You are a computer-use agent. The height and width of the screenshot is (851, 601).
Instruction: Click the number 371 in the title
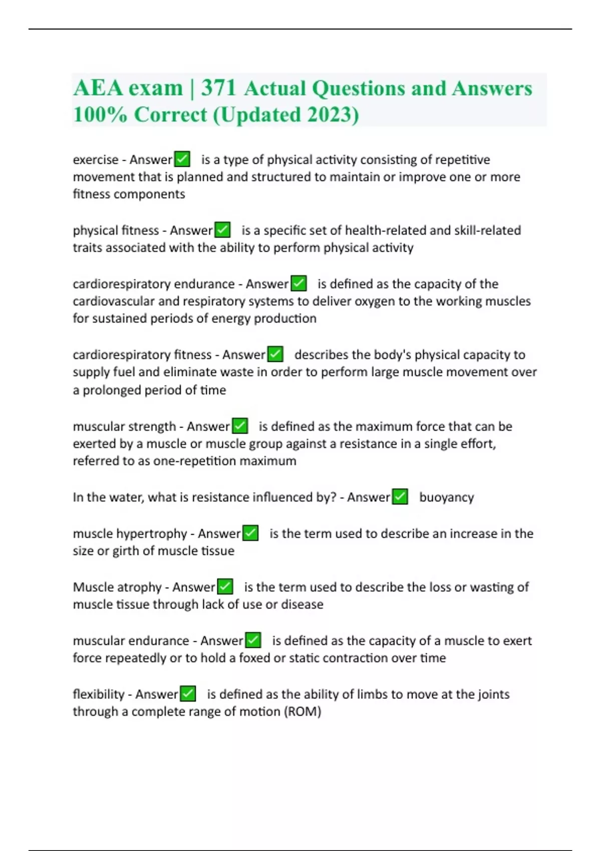coord(218,88)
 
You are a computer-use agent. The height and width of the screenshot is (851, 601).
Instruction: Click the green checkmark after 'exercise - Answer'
coord(182,159)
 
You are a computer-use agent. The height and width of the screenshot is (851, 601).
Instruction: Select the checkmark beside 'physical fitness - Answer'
coord(222,230)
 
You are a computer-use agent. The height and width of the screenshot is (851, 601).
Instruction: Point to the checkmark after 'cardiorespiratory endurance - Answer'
coord(298,283)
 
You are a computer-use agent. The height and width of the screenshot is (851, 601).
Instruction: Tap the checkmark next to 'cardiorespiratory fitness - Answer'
coord(275,354)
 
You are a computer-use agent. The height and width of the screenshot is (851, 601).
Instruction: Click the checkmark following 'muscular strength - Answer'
coord(240,426)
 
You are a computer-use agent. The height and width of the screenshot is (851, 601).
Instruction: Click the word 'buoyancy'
coord(446,497)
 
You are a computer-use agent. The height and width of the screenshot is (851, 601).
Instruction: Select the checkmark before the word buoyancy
coord(400,497)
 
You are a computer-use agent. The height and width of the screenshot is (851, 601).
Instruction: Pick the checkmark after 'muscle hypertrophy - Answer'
coord(250,533)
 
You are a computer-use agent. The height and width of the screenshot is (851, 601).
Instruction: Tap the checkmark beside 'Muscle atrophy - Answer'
coord(225,587)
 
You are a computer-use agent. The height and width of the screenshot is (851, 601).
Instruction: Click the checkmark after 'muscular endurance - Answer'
coord(253,640)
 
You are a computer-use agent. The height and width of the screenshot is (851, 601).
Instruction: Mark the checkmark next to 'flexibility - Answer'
coord(188,694)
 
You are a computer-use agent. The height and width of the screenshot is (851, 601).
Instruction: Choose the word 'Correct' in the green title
coord(170,115)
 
